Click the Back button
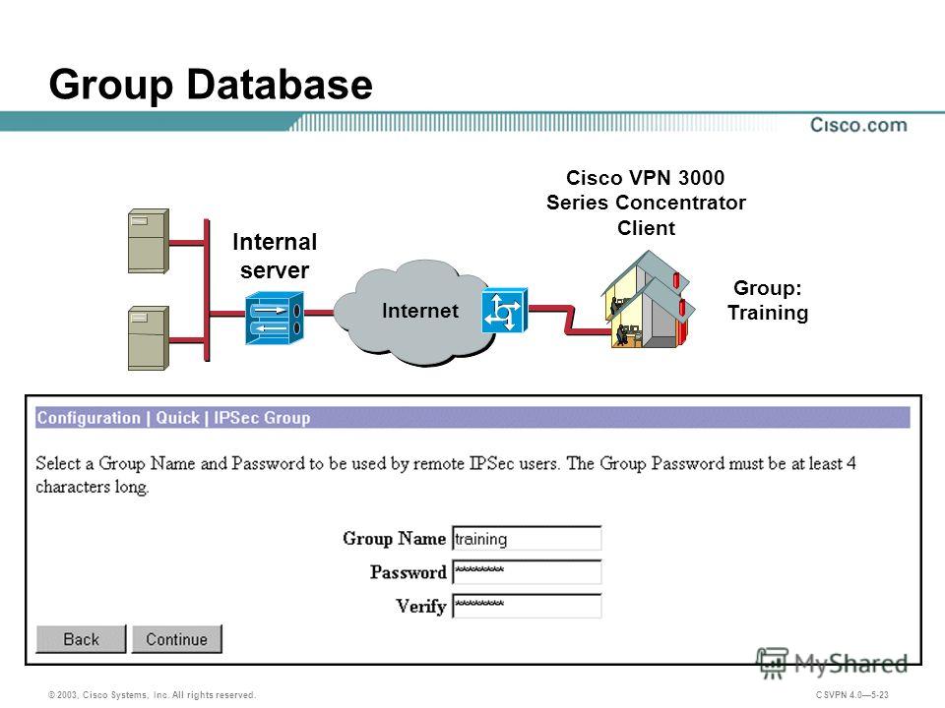coord(81,639)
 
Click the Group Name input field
coord(527,538)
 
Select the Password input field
coord(527,572)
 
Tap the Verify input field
coord(527,606)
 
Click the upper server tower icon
coord(149,241)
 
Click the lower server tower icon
coord(149,337)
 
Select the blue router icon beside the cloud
coord(504,311)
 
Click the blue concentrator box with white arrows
coord(275,318)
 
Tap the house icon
coord(648,300)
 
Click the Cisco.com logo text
coord(858,125)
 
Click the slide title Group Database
coord(211,85)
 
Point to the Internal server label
coord(275,256)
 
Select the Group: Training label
coord(768,300)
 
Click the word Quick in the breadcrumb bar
coord(177,418)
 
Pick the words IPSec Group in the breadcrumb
coord(262,418)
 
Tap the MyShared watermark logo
coord(833,664)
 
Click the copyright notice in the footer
coord(152,695)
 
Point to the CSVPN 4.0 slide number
coord(852,695)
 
